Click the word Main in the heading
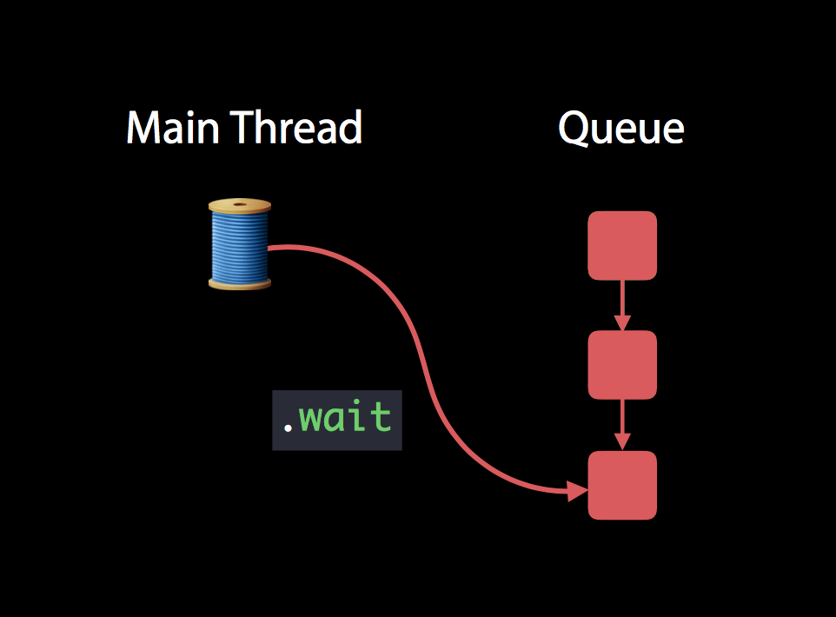click(x=170, y=129)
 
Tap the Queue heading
click(x=620, y=129)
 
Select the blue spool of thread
click(x=240, y=244)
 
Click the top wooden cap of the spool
click(x=240, y=206)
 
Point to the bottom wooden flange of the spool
click(x=240, y=282)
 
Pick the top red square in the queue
click(x=622, y=245)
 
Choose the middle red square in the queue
click(x=622, y=365)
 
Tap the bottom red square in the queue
click(x=622, y=485)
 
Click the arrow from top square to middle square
click(x=622, y=304)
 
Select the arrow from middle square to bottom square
click(x=622, y=424)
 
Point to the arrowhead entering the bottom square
click(x=578, y=492)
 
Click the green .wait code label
click(x=337, y=420)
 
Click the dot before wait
click(x=287, y=429)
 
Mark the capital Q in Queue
click(x=574, y=129)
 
